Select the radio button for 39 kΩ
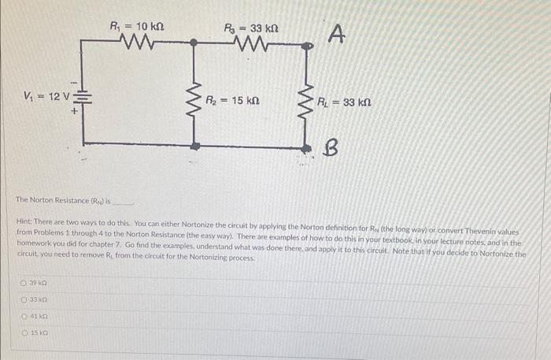(x=25, y=282)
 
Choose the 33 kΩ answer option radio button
(x=25, y=300)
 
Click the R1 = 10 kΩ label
(x=138, y=28)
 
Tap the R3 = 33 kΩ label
(x=250, y=29)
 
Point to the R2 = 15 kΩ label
(x=234, y=101)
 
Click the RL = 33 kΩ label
(x=344, y=102)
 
